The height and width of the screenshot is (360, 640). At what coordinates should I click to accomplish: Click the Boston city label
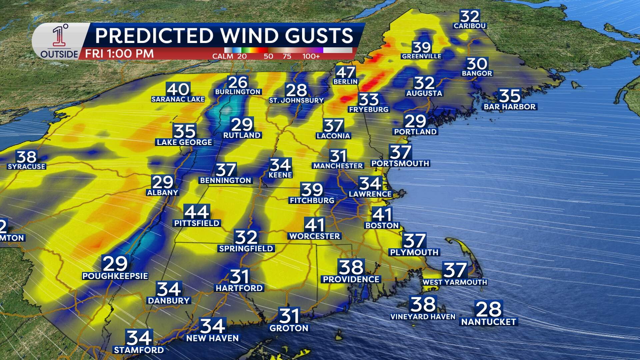382,226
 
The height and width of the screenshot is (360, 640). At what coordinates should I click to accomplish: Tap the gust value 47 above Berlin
345,72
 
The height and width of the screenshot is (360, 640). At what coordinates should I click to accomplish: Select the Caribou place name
470,26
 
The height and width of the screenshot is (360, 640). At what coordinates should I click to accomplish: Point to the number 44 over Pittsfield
197,212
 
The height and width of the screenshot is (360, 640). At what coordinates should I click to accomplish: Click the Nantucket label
489,322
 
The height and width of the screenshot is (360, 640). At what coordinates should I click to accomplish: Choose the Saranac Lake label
178,99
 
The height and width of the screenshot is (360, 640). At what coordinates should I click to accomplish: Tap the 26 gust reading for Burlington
238,82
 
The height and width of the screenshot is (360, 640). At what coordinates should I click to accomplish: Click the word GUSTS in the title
319,36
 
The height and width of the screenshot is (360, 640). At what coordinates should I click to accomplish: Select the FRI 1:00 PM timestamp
119,54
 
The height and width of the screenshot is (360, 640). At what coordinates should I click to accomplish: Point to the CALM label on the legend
223,56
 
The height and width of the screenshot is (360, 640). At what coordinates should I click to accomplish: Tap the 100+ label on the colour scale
311,56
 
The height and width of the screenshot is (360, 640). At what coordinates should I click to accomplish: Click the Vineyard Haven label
423,317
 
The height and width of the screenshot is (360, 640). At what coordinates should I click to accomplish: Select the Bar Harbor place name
510,107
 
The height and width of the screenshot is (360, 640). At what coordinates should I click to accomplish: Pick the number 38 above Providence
351,267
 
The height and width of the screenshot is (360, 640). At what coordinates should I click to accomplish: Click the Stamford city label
139,350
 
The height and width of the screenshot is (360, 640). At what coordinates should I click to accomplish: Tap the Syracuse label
26,167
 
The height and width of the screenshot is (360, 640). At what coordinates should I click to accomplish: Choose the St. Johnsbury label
296,100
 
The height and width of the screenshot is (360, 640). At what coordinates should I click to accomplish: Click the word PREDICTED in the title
154,36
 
